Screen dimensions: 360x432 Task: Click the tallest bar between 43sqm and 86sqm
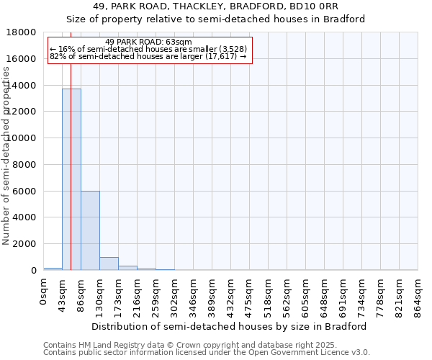[x=71, y=180]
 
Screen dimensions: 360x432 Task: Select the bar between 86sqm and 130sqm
[x=90, y=230]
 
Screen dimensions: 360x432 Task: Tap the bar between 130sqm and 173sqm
[x=109, y=264]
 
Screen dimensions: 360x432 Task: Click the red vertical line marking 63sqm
[x=71, y=144]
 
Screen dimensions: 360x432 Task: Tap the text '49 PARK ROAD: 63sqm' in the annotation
[x=148, y=42]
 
